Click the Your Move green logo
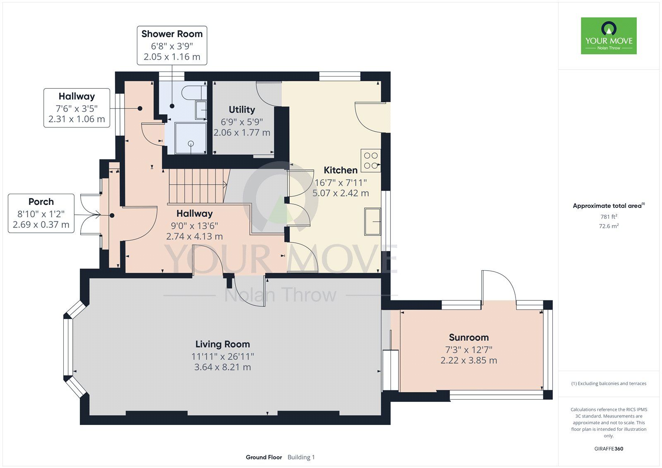(x=609, y=36)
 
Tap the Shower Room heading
(x=172, y=34)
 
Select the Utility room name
(x=242, y=110)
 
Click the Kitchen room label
(x=341, y=170)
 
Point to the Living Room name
(x=223, y=344)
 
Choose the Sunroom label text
(x=469, y=337)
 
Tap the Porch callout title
(x=41, y=202)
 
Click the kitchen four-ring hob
(x=371, y=161)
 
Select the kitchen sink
(x=372, y=222)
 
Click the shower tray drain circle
(x=191, y=144)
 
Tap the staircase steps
(x=198, y=186)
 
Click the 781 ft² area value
(x=609, y=216)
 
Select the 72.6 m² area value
(x=609, y=226)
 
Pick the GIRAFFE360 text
(x=609, y=449)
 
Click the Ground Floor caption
(x=264, y=457)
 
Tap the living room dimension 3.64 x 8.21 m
(x=223, y=367)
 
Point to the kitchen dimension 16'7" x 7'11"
(x=341, y=183)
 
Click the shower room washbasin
(x=201, y=110)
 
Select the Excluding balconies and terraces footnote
(x=609, y=384)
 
